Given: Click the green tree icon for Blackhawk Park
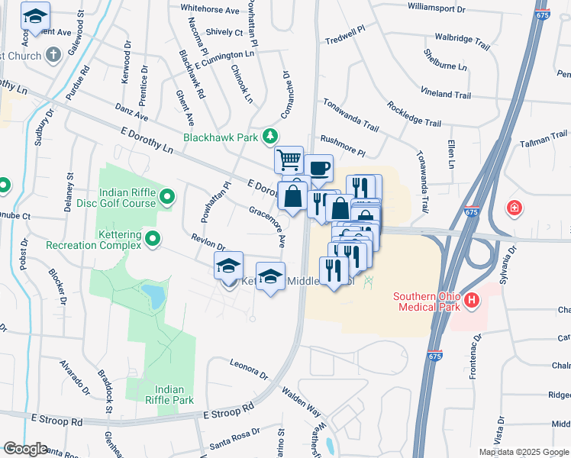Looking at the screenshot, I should [269, 136].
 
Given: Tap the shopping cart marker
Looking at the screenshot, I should [289, 160].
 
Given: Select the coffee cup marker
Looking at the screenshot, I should [318, 167].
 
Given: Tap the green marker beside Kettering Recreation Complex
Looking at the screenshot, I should [153, 240].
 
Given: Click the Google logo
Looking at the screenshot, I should [25, 449].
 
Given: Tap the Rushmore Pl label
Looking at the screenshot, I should [343, 141].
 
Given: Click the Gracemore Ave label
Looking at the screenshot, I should [267, 225].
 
